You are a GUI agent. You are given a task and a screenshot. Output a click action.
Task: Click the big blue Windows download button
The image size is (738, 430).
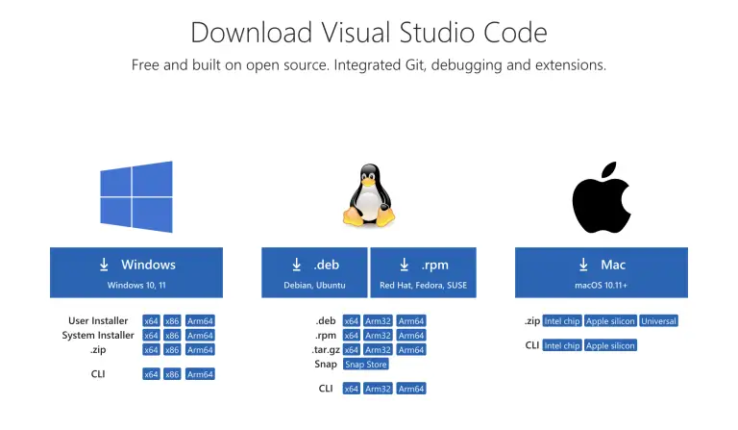coord(135,272)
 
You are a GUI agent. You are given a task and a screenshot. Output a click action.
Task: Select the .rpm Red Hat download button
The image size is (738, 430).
coord(424,272)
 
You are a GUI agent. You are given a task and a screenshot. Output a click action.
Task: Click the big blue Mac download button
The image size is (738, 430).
coord(601,272)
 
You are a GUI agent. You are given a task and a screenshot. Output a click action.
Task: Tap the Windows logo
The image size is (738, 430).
coord(136,196)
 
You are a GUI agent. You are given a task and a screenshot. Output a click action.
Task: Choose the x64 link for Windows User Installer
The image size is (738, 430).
coord(151,321)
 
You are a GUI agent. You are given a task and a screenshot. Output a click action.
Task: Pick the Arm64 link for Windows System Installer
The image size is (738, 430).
coord(201,336)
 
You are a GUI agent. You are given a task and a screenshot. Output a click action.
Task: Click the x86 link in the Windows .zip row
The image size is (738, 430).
coord(172,350)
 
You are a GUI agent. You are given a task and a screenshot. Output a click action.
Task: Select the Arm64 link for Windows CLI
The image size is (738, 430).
coord(201,374)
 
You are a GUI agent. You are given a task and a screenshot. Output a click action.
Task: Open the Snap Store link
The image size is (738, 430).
coord(365,365)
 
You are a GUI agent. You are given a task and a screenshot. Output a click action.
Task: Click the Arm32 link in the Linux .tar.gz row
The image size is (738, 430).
coord(378,350)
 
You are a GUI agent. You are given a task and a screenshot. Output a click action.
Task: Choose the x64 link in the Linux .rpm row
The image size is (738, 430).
coord(351,336)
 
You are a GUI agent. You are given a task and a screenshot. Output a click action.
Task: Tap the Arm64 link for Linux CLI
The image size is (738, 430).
coord(410,389)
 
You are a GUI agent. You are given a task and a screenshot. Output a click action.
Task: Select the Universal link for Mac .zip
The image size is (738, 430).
coord(658,321)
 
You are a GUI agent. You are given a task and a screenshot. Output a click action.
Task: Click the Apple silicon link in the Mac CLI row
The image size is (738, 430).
coord(610,345)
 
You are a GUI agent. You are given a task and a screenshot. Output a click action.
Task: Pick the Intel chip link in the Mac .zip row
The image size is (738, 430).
coord(562,321)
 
